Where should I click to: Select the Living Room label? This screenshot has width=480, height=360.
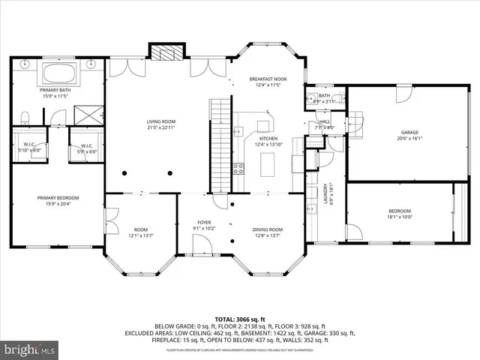coord(160,124)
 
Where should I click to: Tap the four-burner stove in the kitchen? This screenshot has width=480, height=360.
coord(239,169)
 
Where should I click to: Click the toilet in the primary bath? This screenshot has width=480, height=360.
coord(24,116)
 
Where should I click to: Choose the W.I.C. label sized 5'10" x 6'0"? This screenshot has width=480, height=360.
coord(28,148)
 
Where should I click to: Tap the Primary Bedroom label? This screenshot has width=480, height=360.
coord(58,200)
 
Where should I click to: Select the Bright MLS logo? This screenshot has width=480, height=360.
coord(30,349)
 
